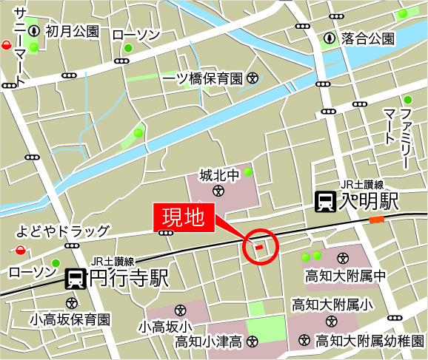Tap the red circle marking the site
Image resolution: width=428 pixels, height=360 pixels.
pyautogui.click(x=259, y=246)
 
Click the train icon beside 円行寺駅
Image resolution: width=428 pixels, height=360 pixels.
pyautogui.click(x=75, y=279)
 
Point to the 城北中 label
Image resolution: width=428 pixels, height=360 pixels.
pyautogui.click(x=219, y=175)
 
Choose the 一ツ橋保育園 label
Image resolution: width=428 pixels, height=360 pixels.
pyautogui.click(x=202, y=77)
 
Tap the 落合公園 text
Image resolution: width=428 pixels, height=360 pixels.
pyautogui.click(x=368, y=38)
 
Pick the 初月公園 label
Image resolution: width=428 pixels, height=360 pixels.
pyautogui.click(x=72, y=31)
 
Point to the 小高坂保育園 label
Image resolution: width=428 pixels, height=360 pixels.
pyautogui.click(x=70, y=320)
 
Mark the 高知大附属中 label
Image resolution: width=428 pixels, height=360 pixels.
pyautogui.click(x=346, y=276)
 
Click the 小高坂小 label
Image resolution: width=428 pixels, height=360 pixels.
pyautogui.click(x=164, y=325)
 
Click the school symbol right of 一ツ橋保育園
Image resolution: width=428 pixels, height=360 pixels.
pyautogui.click(x=253, y=77)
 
